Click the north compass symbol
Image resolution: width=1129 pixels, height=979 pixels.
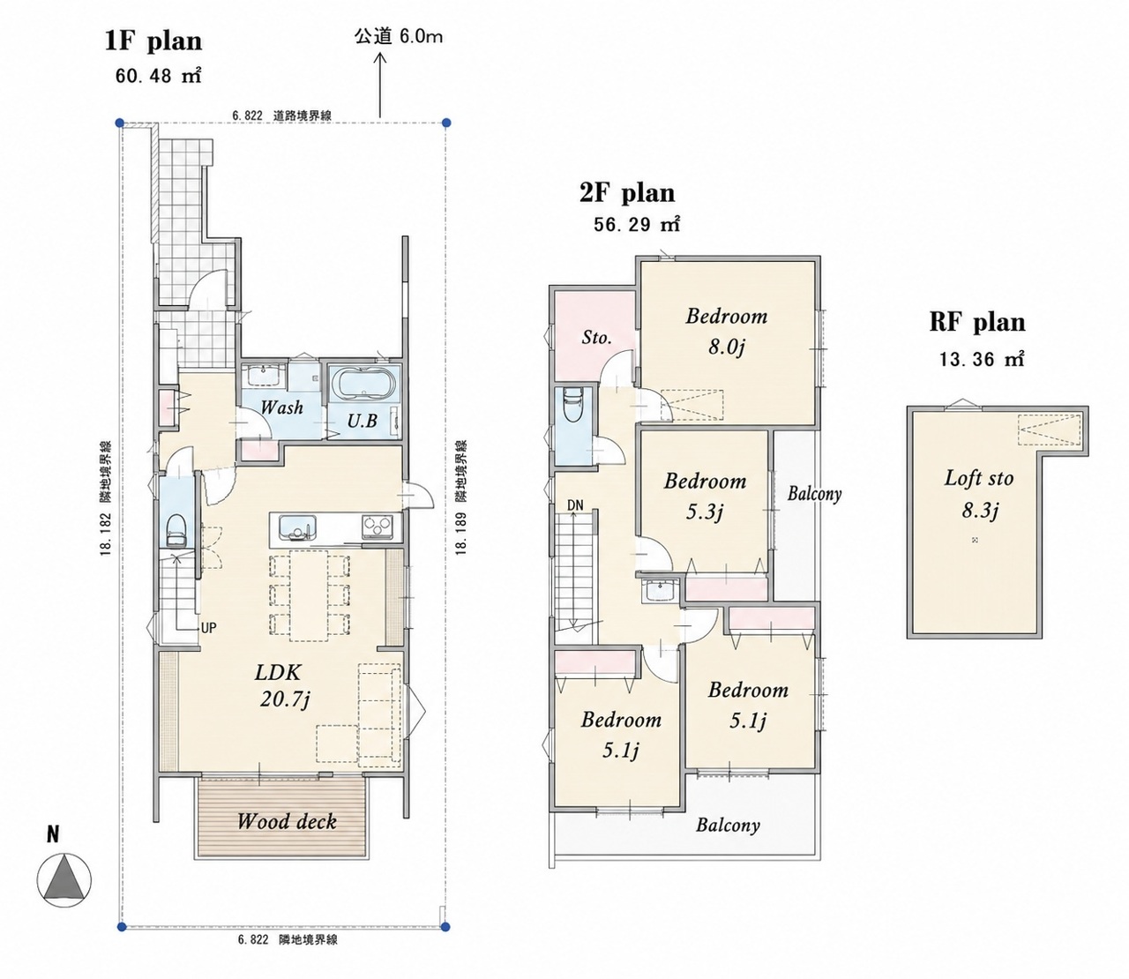point(64,880)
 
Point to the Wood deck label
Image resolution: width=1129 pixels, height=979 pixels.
point(286,821)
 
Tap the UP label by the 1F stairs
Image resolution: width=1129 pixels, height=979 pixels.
point(208,628)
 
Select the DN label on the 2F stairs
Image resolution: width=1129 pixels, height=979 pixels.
point(575,505)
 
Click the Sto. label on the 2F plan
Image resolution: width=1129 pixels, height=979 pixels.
point(596,338)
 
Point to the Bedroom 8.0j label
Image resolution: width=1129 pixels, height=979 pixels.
point(727,332)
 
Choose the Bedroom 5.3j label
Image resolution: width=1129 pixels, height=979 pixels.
point(705,497)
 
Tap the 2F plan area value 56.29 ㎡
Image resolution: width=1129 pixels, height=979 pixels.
point(637,225)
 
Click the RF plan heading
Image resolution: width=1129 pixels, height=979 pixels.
point(977,322)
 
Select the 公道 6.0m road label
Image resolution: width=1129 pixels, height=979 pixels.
point(398,37)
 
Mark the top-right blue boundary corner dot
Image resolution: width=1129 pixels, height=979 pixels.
point(446,122)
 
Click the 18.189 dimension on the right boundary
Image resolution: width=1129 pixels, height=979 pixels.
point(462,534)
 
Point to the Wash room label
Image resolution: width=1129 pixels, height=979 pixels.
point(282,407)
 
